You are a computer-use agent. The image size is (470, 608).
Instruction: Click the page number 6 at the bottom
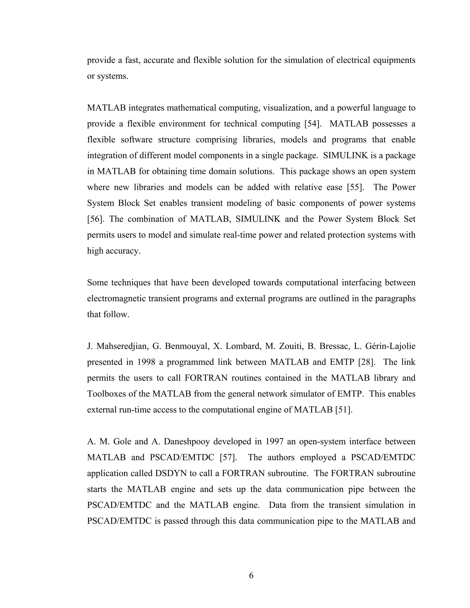point(251,575)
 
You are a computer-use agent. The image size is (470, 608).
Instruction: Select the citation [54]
point(312,124)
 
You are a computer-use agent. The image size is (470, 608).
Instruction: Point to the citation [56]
point(95,219)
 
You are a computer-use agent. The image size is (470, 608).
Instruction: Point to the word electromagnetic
point(116,299)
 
